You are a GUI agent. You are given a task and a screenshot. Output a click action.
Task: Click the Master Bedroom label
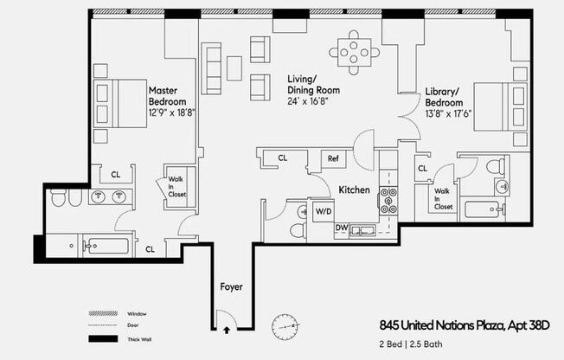(169, 95)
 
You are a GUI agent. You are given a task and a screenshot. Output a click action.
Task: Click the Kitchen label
(355, 190)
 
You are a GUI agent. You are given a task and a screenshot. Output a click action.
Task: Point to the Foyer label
(231, 286)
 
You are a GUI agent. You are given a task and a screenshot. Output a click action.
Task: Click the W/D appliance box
(324, 210)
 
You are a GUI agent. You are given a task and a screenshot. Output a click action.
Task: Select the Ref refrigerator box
(334, 158)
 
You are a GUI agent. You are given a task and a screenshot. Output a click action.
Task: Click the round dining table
(355, 52)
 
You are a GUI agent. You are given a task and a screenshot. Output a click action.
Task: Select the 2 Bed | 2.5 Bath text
(417, 344)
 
